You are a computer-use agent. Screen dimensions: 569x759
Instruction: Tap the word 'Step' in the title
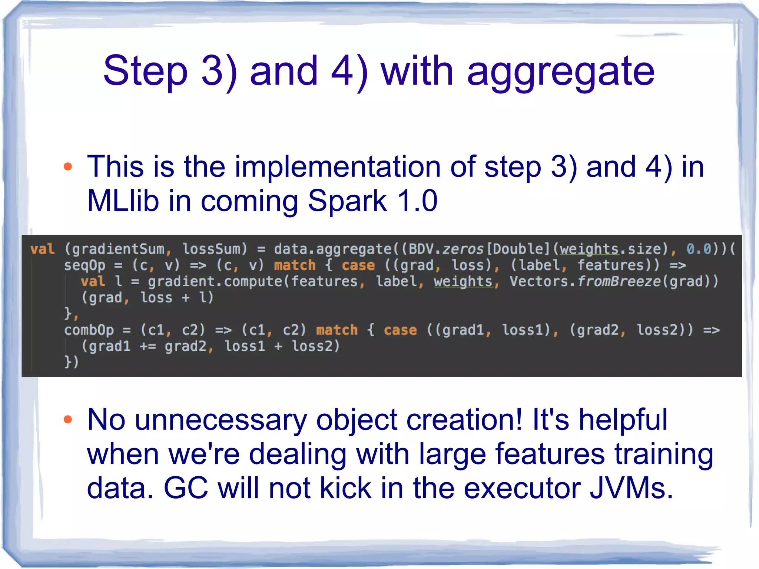click(x=145, y=70)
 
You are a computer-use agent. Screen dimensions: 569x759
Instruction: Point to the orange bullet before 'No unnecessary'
click(x=68, y=419)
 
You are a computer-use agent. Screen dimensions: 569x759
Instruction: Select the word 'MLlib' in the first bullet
click(x=123, y=201)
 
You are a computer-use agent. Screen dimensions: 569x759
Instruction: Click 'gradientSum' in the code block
click(x=118, y=249)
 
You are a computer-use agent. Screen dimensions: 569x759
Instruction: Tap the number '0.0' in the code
click(x=699, y=249)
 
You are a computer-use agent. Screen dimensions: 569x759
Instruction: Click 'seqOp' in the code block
click(x=84, y=265)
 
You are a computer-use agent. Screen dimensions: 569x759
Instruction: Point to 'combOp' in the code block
click(x=89, y=330)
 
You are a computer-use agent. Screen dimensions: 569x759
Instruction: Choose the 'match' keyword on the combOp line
click(x=337, y=330)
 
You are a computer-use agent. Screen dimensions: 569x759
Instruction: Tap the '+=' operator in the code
click(x=148, y=346)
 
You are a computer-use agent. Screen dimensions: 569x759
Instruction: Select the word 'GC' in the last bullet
click(x=186, y=488)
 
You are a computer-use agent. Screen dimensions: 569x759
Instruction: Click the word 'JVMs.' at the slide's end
click(x=631, y=488)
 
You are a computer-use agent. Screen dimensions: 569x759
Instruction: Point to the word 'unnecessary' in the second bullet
click(x=221, y=420)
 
